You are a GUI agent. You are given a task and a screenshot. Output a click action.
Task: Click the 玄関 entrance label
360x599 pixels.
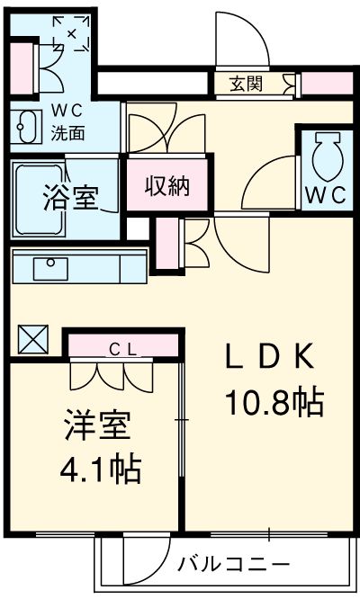coord(246,84)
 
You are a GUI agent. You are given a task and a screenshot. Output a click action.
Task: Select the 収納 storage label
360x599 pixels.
coord(167,186)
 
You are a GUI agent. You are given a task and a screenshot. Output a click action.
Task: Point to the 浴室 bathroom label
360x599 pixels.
coord(71,197)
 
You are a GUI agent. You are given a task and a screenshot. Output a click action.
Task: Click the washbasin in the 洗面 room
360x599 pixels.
coord(25,127)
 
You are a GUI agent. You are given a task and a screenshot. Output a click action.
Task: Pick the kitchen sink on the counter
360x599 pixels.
coord(50,269)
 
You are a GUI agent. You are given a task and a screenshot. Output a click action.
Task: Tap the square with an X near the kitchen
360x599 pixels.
coord(33,339)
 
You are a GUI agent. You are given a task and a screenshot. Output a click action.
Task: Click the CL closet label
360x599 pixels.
coord(122,349)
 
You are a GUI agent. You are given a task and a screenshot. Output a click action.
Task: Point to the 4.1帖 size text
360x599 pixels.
coord(101,469)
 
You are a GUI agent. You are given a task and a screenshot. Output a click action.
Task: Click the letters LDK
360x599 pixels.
coord(270,356)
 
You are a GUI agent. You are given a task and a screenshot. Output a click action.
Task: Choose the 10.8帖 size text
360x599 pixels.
coord(275,402)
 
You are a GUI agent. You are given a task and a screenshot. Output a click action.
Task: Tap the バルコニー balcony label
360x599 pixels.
coord(233,564)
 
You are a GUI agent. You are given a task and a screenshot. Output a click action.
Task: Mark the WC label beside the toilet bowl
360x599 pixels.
coord(326,195)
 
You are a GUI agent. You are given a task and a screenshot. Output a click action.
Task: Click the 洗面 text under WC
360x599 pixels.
coord(68,132)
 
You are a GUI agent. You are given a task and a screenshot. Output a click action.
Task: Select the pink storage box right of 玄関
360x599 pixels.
coord(327,84)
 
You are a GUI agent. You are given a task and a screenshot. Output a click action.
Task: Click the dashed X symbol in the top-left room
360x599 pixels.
coord(71,33)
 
